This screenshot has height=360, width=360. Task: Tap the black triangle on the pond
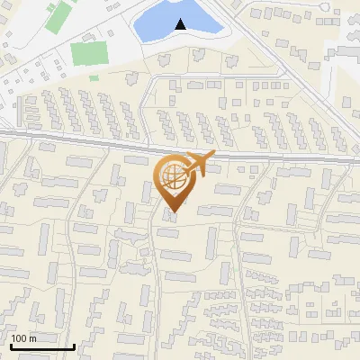point(182,24)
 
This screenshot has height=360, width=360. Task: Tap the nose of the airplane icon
point(213,157)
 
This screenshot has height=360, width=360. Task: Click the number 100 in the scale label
point(19,338)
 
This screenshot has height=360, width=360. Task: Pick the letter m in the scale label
point(32,338)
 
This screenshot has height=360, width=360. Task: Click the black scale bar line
point(41,346)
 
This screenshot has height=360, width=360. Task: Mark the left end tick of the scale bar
point(10,345)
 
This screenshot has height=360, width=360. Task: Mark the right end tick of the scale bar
point(74,345)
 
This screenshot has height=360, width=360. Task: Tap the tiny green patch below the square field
point(94,77)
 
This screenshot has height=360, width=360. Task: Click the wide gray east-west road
point(90,140)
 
